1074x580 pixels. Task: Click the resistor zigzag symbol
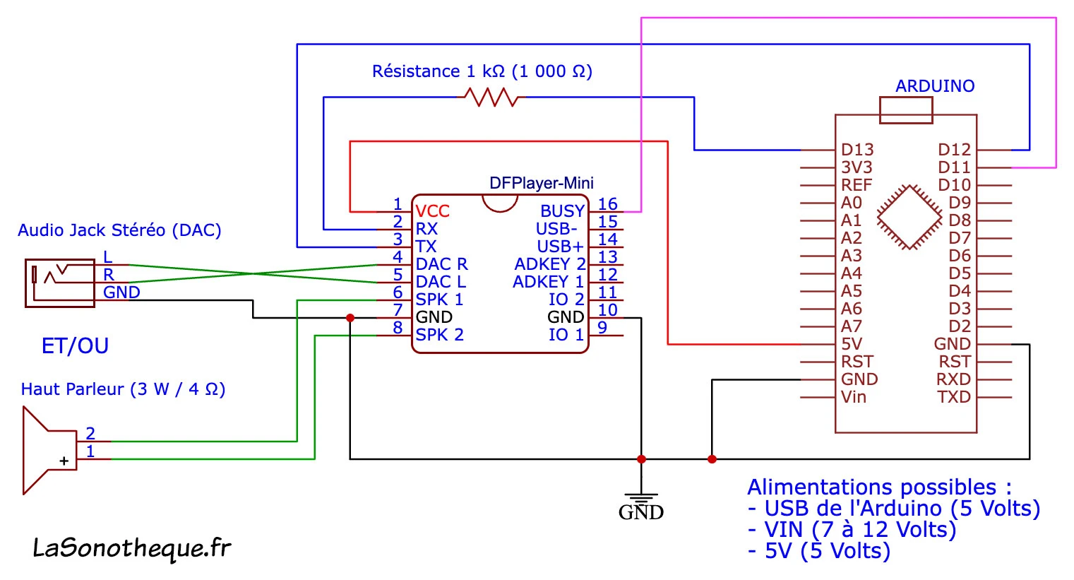pyautogui.click(x=491, y=97)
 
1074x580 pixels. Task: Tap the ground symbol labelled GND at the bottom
pyautogui.click(x=641, y=504)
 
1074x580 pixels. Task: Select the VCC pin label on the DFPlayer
pyautogui.click(x=432, y=211)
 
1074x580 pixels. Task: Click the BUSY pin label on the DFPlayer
pyautogui.click(x=562, y=211)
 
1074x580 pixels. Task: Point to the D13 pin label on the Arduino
pyautogui.click(x=857, y=150)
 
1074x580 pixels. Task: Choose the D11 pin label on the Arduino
pyautogui.click(x=954, y=167)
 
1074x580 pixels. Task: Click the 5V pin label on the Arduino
pyautogui.click(x=852, y=344)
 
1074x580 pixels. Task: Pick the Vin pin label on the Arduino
pyautogui.click(x=854, y=397)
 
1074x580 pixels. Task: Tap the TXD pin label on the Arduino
pyautogui.click(x=954, y=397)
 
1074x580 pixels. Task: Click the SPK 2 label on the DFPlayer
pyautogui.click(x=439, y=335)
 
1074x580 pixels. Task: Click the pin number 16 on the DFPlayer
pyautogui.click(x=607, y=204)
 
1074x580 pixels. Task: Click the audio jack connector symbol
pyautogui.click(x=59, y=283)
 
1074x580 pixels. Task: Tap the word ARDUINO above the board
pyautogui.click(x=935, y=86)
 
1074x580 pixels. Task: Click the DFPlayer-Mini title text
pyautogui.click(x=541, y=184)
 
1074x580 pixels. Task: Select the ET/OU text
pyautogui.click(x=75, y=346)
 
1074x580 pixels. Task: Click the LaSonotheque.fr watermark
pyautogui.click(x=131, y=548)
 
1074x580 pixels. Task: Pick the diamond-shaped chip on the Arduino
pyautogui.click(x=909, y=218)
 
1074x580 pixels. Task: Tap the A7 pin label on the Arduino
pyautogui.click(x=852, y=326)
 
